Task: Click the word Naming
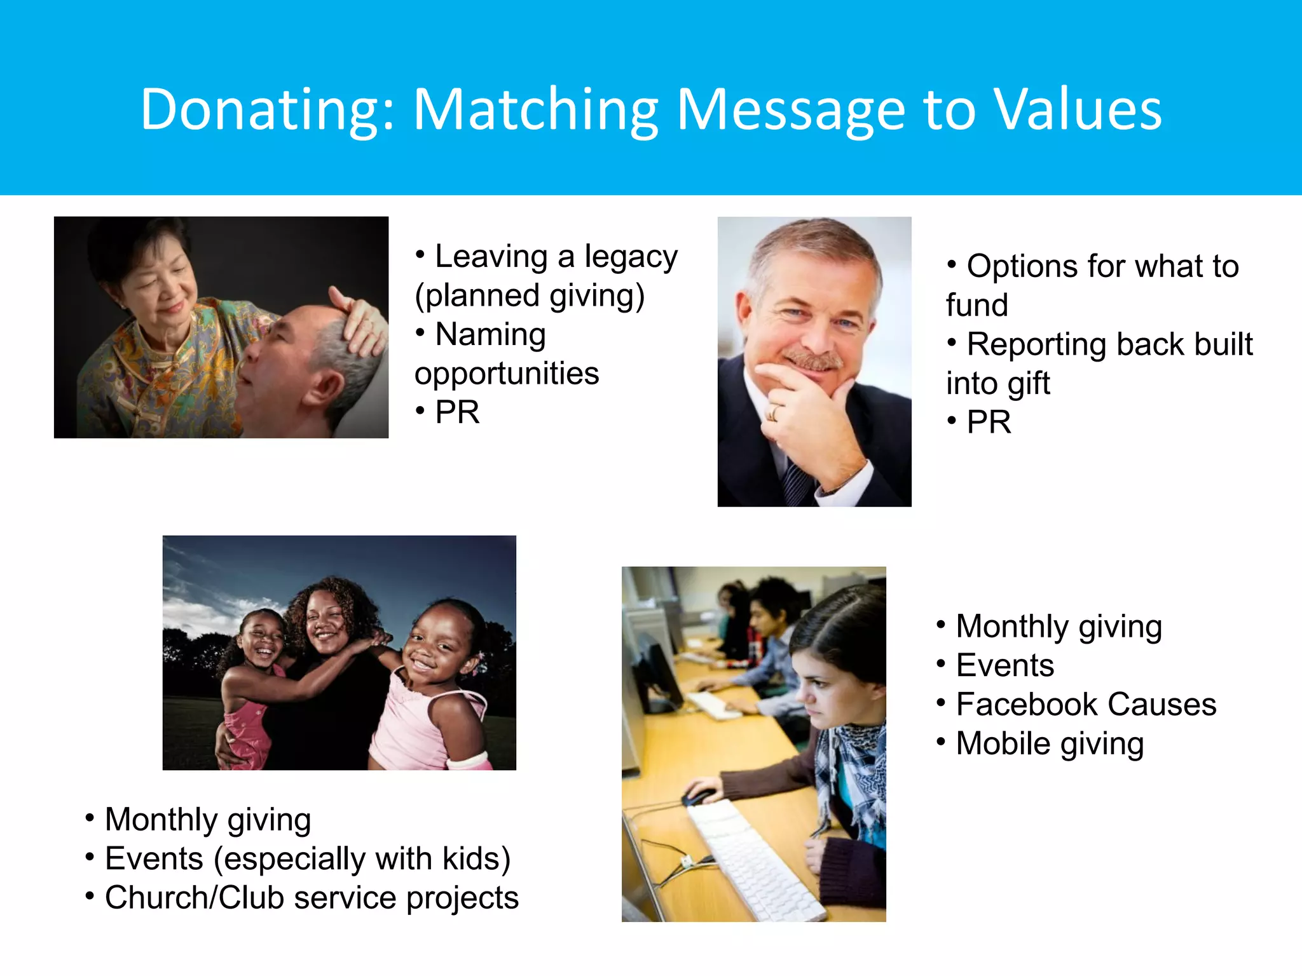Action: coord(490,334)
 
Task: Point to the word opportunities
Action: coord(507,373)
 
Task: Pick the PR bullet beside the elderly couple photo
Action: coord(457,412)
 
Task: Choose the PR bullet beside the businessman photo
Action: coord(989,422)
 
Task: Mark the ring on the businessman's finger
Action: coord(774,413)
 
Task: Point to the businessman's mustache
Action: coord(812,360)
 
